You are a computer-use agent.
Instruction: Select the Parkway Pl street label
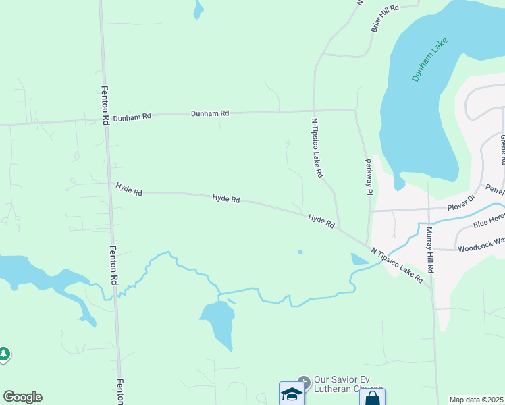tap(369, 177)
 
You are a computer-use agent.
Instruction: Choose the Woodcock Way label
tap(481, 248)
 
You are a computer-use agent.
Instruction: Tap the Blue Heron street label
tap(489, 223)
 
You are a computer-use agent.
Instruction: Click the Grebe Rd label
tap(502, 149)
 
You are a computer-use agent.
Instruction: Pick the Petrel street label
tap(494, 188)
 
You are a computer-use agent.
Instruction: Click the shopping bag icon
tap(372, 397)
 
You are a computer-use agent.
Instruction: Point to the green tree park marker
tap(4, 354)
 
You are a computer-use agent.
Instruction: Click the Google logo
tap(22, 397)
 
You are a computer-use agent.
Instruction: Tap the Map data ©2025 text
tap(476, 400)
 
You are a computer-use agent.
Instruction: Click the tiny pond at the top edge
tap(198, 9)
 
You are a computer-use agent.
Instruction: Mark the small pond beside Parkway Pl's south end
tap(358, 259)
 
